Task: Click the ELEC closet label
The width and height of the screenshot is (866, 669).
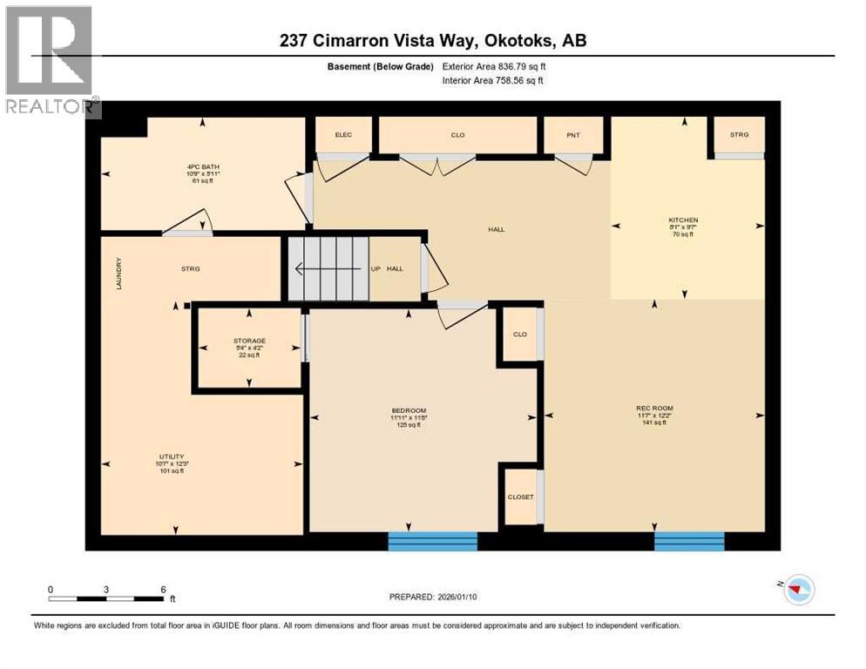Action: [342, 135]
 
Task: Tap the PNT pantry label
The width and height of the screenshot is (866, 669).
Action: [572, 135]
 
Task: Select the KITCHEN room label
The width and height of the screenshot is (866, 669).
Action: [683, 220]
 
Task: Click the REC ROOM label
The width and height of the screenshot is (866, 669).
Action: [654, 408]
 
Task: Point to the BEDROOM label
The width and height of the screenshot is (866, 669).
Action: [408, 410]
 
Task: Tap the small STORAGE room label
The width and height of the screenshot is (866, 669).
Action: [249, 341]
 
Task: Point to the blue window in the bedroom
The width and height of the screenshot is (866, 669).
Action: [433, 541]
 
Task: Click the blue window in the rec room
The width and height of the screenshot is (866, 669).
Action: [689, 541]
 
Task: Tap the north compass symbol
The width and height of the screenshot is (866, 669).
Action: [797, 590]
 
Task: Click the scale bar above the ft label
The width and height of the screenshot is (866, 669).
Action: [106, 598]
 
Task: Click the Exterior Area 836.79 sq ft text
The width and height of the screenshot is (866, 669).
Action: [494, 66]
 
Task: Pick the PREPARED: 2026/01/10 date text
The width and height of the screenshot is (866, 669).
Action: [433, 597]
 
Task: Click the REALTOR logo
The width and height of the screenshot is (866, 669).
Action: [51, 59]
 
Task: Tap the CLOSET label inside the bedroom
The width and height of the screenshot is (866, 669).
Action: [520, 497]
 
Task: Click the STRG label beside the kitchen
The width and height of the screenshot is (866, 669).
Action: [739, 135]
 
